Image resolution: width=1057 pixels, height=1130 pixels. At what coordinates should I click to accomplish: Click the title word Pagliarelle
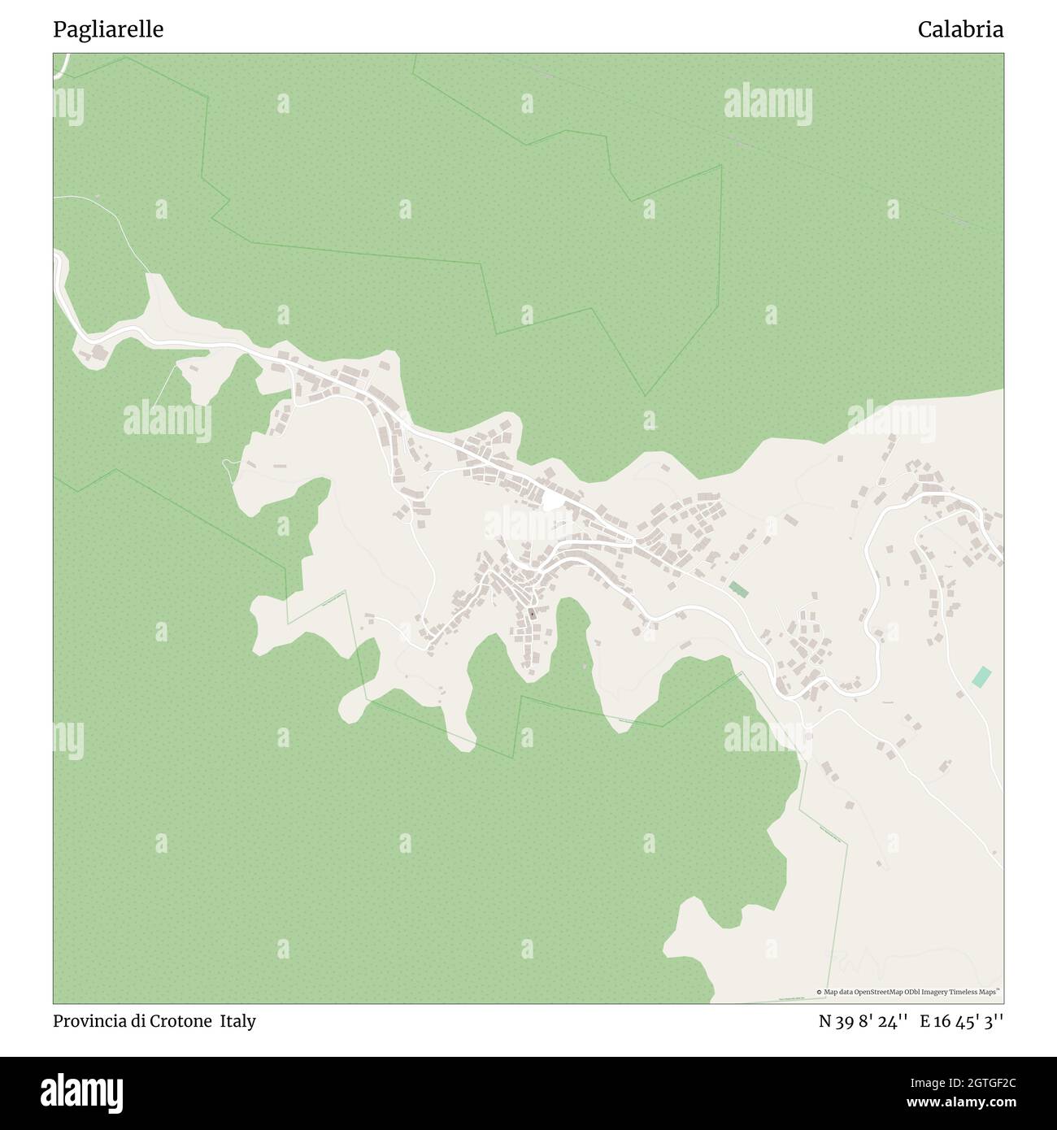(108, 30)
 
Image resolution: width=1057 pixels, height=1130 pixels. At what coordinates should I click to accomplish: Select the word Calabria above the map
(960, 30)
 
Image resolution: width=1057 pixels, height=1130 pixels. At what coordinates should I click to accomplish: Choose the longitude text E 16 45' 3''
(962, 1021)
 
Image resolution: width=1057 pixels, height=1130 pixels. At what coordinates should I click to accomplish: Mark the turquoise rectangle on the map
(982, 676)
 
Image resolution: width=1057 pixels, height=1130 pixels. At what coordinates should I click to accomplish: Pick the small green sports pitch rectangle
(738, 589)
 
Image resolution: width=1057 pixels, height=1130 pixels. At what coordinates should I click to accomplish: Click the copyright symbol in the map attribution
(820, 992)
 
